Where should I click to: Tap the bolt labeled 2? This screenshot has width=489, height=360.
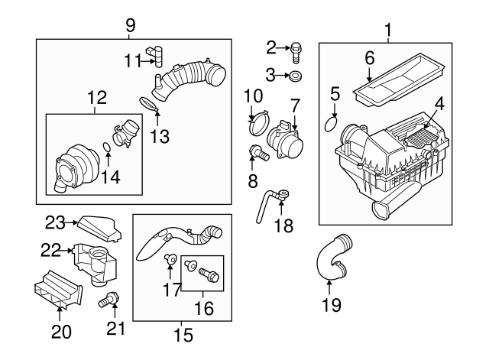[x=296, y=50]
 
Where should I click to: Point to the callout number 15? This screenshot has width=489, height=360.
[x=182, y=333]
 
